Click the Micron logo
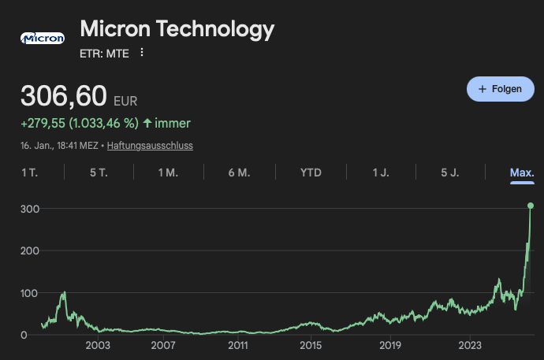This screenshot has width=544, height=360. coord(42,38)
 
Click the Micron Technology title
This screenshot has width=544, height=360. coord(177,29)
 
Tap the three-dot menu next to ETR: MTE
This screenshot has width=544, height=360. coord(142,53)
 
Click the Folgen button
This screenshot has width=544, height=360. coord(500,89)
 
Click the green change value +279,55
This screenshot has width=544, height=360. coord(43,123)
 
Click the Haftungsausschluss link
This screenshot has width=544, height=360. coord(150,146)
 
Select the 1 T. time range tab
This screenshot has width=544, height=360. coord(29,173)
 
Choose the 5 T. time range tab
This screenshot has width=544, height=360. coord(99,173)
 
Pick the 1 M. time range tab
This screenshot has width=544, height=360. coord(168,173)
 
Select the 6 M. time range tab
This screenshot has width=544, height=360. coord(239,173)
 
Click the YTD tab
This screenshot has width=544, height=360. coord(311,173)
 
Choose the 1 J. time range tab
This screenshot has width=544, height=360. coord(381,173)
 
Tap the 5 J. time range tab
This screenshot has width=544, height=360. coord(449,173)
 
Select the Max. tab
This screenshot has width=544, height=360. coord(522,173)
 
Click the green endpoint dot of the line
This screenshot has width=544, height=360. coord(531,206)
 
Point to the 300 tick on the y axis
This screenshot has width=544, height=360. coord(29,208)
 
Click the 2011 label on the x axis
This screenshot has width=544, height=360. coord(238,345)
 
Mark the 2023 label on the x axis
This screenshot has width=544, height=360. coord(470,345)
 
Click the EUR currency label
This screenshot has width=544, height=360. coord(125,102)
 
